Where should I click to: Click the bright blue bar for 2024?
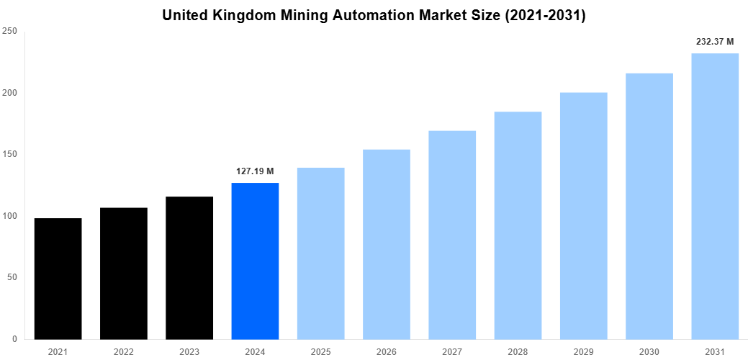255,261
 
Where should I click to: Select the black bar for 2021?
58,279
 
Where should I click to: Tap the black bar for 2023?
189,268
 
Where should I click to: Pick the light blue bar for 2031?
715,196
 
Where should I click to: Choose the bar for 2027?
452,235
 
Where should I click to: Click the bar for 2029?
583,215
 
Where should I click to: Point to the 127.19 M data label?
255,171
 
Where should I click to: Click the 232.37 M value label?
715,42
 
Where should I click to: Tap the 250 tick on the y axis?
10,32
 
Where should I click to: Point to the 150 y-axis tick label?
10,155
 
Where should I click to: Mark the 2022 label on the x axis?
124,351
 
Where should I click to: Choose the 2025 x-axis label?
320,351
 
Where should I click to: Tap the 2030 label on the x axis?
649,351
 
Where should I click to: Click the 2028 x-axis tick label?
518,351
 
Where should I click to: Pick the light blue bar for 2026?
387,244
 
